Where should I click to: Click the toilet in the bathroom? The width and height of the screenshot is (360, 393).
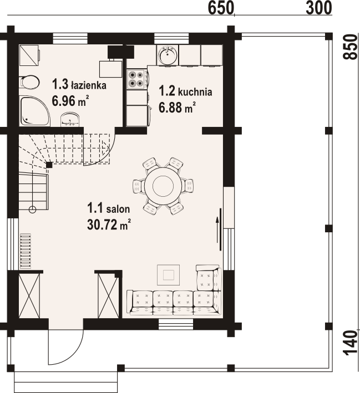(x=29, y=82)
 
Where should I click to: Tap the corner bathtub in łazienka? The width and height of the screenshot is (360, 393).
(x=34, y=111)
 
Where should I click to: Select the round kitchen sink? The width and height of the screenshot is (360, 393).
(x=168, y=55)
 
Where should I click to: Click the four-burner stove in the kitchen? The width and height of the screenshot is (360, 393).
(x=136, y=79)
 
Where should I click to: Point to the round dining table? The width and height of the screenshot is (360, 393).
(x=163, y=186)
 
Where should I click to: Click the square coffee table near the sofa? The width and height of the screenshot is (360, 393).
(x=168, y=275)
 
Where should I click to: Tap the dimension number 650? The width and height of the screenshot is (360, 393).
(x=221, y=8)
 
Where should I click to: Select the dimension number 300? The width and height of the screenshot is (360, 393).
(x=319, y=8)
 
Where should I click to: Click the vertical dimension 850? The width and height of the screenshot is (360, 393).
(x=349, y=47)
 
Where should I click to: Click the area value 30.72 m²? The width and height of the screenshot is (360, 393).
(x=109, y=224)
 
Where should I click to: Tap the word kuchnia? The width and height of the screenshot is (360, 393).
(x=195, y=92)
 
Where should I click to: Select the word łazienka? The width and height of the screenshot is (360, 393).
(x=88, y=85)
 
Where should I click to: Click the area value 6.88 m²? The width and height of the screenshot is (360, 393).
(x=177, y=108)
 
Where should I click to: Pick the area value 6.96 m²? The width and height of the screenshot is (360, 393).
(x=70, y=101)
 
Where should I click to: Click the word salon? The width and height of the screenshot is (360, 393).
(x=118, y=209)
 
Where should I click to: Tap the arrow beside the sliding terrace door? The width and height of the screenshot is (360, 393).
(x=217, y=230)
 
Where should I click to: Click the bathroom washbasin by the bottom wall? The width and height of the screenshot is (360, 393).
(x=70, y=119)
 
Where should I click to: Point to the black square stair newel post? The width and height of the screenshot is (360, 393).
(x=49, y=165)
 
